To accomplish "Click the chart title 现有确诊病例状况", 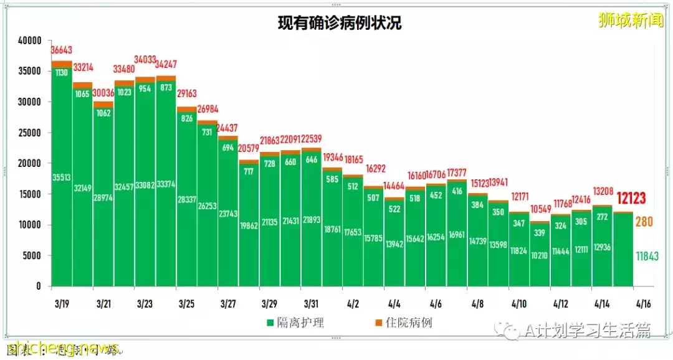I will pos(340,23).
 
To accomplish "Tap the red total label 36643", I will pos(62,49).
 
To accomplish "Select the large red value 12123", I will pos(631,199).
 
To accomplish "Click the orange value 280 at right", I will pos(644,222).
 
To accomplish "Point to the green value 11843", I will pos(647,255).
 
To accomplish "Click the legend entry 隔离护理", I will pos(295,323).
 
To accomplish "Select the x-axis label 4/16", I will pos(642,304).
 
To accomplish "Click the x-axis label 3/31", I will pos(311,304).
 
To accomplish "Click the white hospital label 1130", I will pos(62,72).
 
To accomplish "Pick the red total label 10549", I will pos(540,208).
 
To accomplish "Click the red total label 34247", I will pos(166,64).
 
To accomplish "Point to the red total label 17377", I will pos(457,173).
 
